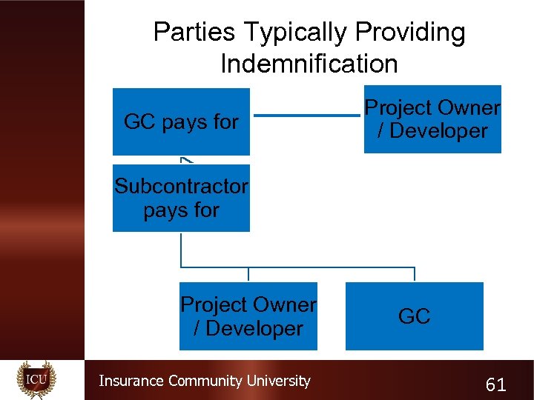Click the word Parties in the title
(194, 33)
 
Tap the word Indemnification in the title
(309, 64)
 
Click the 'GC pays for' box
(181, 121)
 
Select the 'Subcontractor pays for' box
(181, 199)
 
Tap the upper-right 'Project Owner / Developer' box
(432, 119)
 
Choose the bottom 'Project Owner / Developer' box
(248, 316)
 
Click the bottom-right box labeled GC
(414, 316)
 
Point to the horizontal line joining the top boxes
(306, 115)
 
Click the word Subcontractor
(181, 186)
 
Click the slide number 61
(495, 384)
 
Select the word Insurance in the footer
(131, 381)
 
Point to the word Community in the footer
(205, 381)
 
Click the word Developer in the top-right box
(438, 131)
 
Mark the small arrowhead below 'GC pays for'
(185, 159)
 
